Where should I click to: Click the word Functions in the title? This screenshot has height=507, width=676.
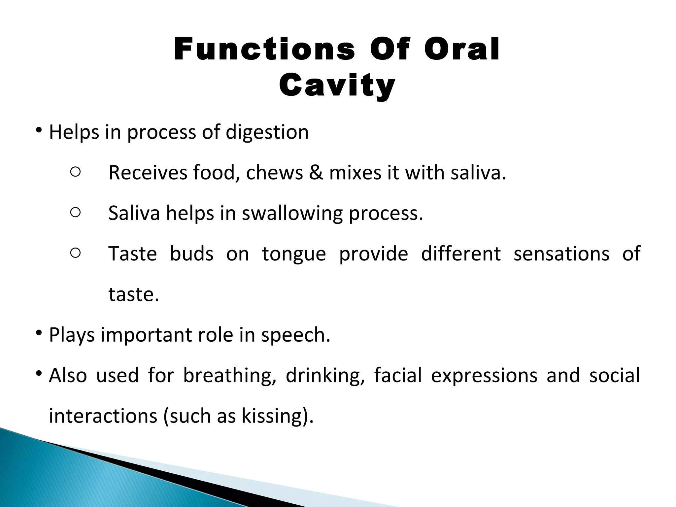(x=264, y=50)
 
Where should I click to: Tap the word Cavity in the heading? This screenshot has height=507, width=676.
(x=337, y=85)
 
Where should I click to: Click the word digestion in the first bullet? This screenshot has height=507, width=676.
(x=267, y=132)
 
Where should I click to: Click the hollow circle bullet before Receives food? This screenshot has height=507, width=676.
(x=75, y=172)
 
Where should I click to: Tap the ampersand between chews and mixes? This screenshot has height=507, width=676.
(x=316, y=173)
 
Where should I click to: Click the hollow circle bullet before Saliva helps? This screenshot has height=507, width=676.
(x=75, y=213)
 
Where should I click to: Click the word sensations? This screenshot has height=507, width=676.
(x=561, y=254)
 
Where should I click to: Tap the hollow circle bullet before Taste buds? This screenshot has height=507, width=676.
(x=75, y=253)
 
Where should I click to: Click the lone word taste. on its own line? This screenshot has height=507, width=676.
(x=134, y=294)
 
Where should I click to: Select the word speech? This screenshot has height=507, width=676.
(x=295, y=335)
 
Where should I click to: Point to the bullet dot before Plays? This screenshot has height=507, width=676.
(x=39, y=333)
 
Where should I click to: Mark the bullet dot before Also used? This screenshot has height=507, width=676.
(x=39, y=374)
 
